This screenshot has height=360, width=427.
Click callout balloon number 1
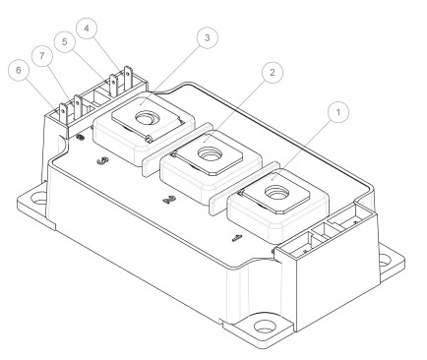[339, 113]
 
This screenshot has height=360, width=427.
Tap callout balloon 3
[205, 38]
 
